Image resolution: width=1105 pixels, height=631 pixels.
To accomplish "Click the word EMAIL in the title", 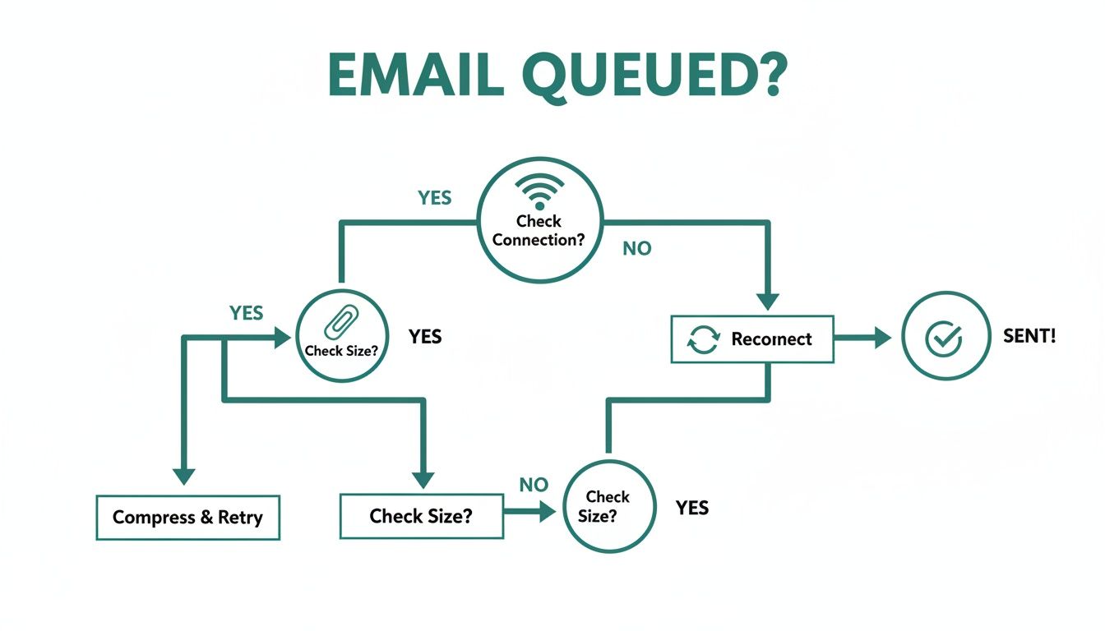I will click(415, 76).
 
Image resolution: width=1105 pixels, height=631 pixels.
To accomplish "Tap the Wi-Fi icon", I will click(539, 192).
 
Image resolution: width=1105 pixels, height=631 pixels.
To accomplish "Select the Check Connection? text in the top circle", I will click(539, 231).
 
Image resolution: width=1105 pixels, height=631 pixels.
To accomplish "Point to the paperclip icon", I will click(338, 323).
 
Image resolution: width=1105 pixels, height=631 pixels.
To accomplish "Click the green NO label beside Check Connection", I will click(636, 248).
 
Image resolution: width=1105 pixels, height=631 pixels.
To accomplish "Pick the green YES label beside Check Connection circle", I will click(434, 198).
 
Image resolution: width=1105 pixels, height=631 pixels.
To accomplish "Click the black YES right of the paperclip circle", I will click(425, 336).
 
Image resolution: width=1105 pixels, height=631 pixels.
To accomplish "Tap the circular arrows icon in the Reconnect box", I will click(703, 339).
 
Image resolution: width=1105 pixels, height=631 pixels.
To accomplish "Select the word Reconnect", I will click(771, 339).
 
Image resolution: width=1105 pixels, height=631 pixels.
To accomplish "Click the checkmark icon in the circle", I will click(943, 338).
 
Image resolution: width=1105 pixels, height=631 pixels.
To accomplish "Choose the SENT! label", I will click(1029, 336).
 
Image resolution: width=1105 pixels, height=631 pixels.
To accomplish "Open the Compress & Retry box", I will click(187, 518).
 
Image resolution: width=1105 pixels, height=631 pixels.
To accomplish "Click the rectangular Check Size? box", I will click(421, 516).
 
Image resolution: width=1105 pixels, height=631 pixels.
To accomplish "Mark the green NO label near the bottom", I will click(534, 485).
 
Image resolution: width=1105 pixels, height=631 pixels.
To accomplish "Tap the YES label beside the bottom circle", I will click(691, 508).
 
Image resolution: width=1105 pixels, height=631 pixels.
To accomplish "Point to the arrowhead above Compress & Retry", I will click(183, 476).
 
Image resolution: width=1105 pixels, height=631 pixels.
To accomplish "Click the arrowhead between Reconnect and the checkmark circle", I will click(881, 338).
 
